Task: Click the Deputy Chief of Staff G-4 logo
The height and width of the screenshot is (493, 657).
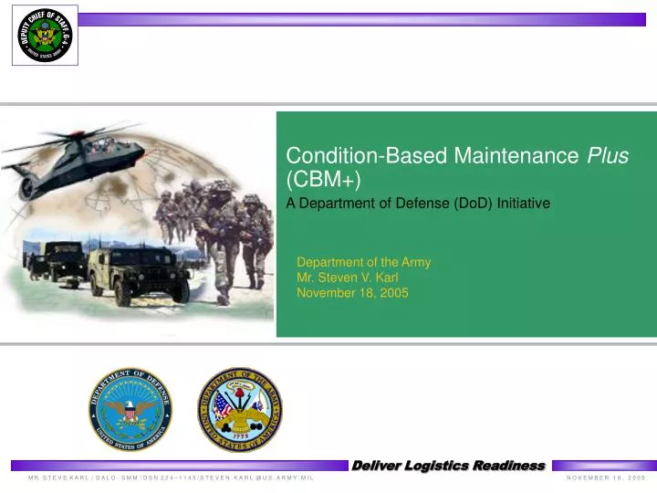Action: pyautogui.click(x=45, y=36)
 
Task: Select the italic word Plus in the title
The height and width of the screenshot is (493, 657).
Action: pyautogui.click(x=607, y=156)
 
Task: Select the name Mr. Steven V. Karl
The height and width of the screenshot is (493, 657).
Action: pyautogui.click(x=348, y=278)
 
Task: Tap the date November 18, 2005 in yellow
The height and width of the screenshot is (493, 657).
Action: pyautogui.click(x=352, y=293)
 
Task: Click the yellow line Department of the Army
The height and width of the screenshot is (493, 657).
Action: pyautogui.click(x=363, y=262)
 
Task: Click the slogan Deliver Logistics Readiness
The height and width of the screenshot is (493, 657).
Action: pyautogui.click(x=448, y=467)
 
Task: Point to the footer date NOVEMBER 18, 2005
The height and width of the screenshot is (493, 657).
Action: pyautogui.click(x=605, y=478)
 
